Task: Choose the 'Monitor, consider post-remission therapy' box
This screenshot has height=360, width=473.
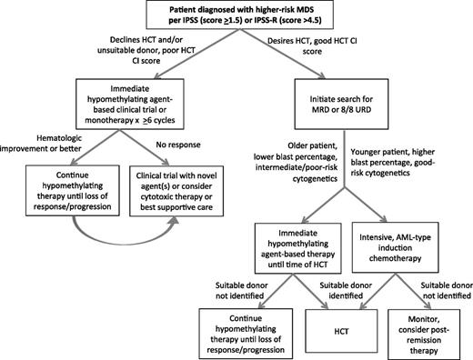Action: click(422, 333)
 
